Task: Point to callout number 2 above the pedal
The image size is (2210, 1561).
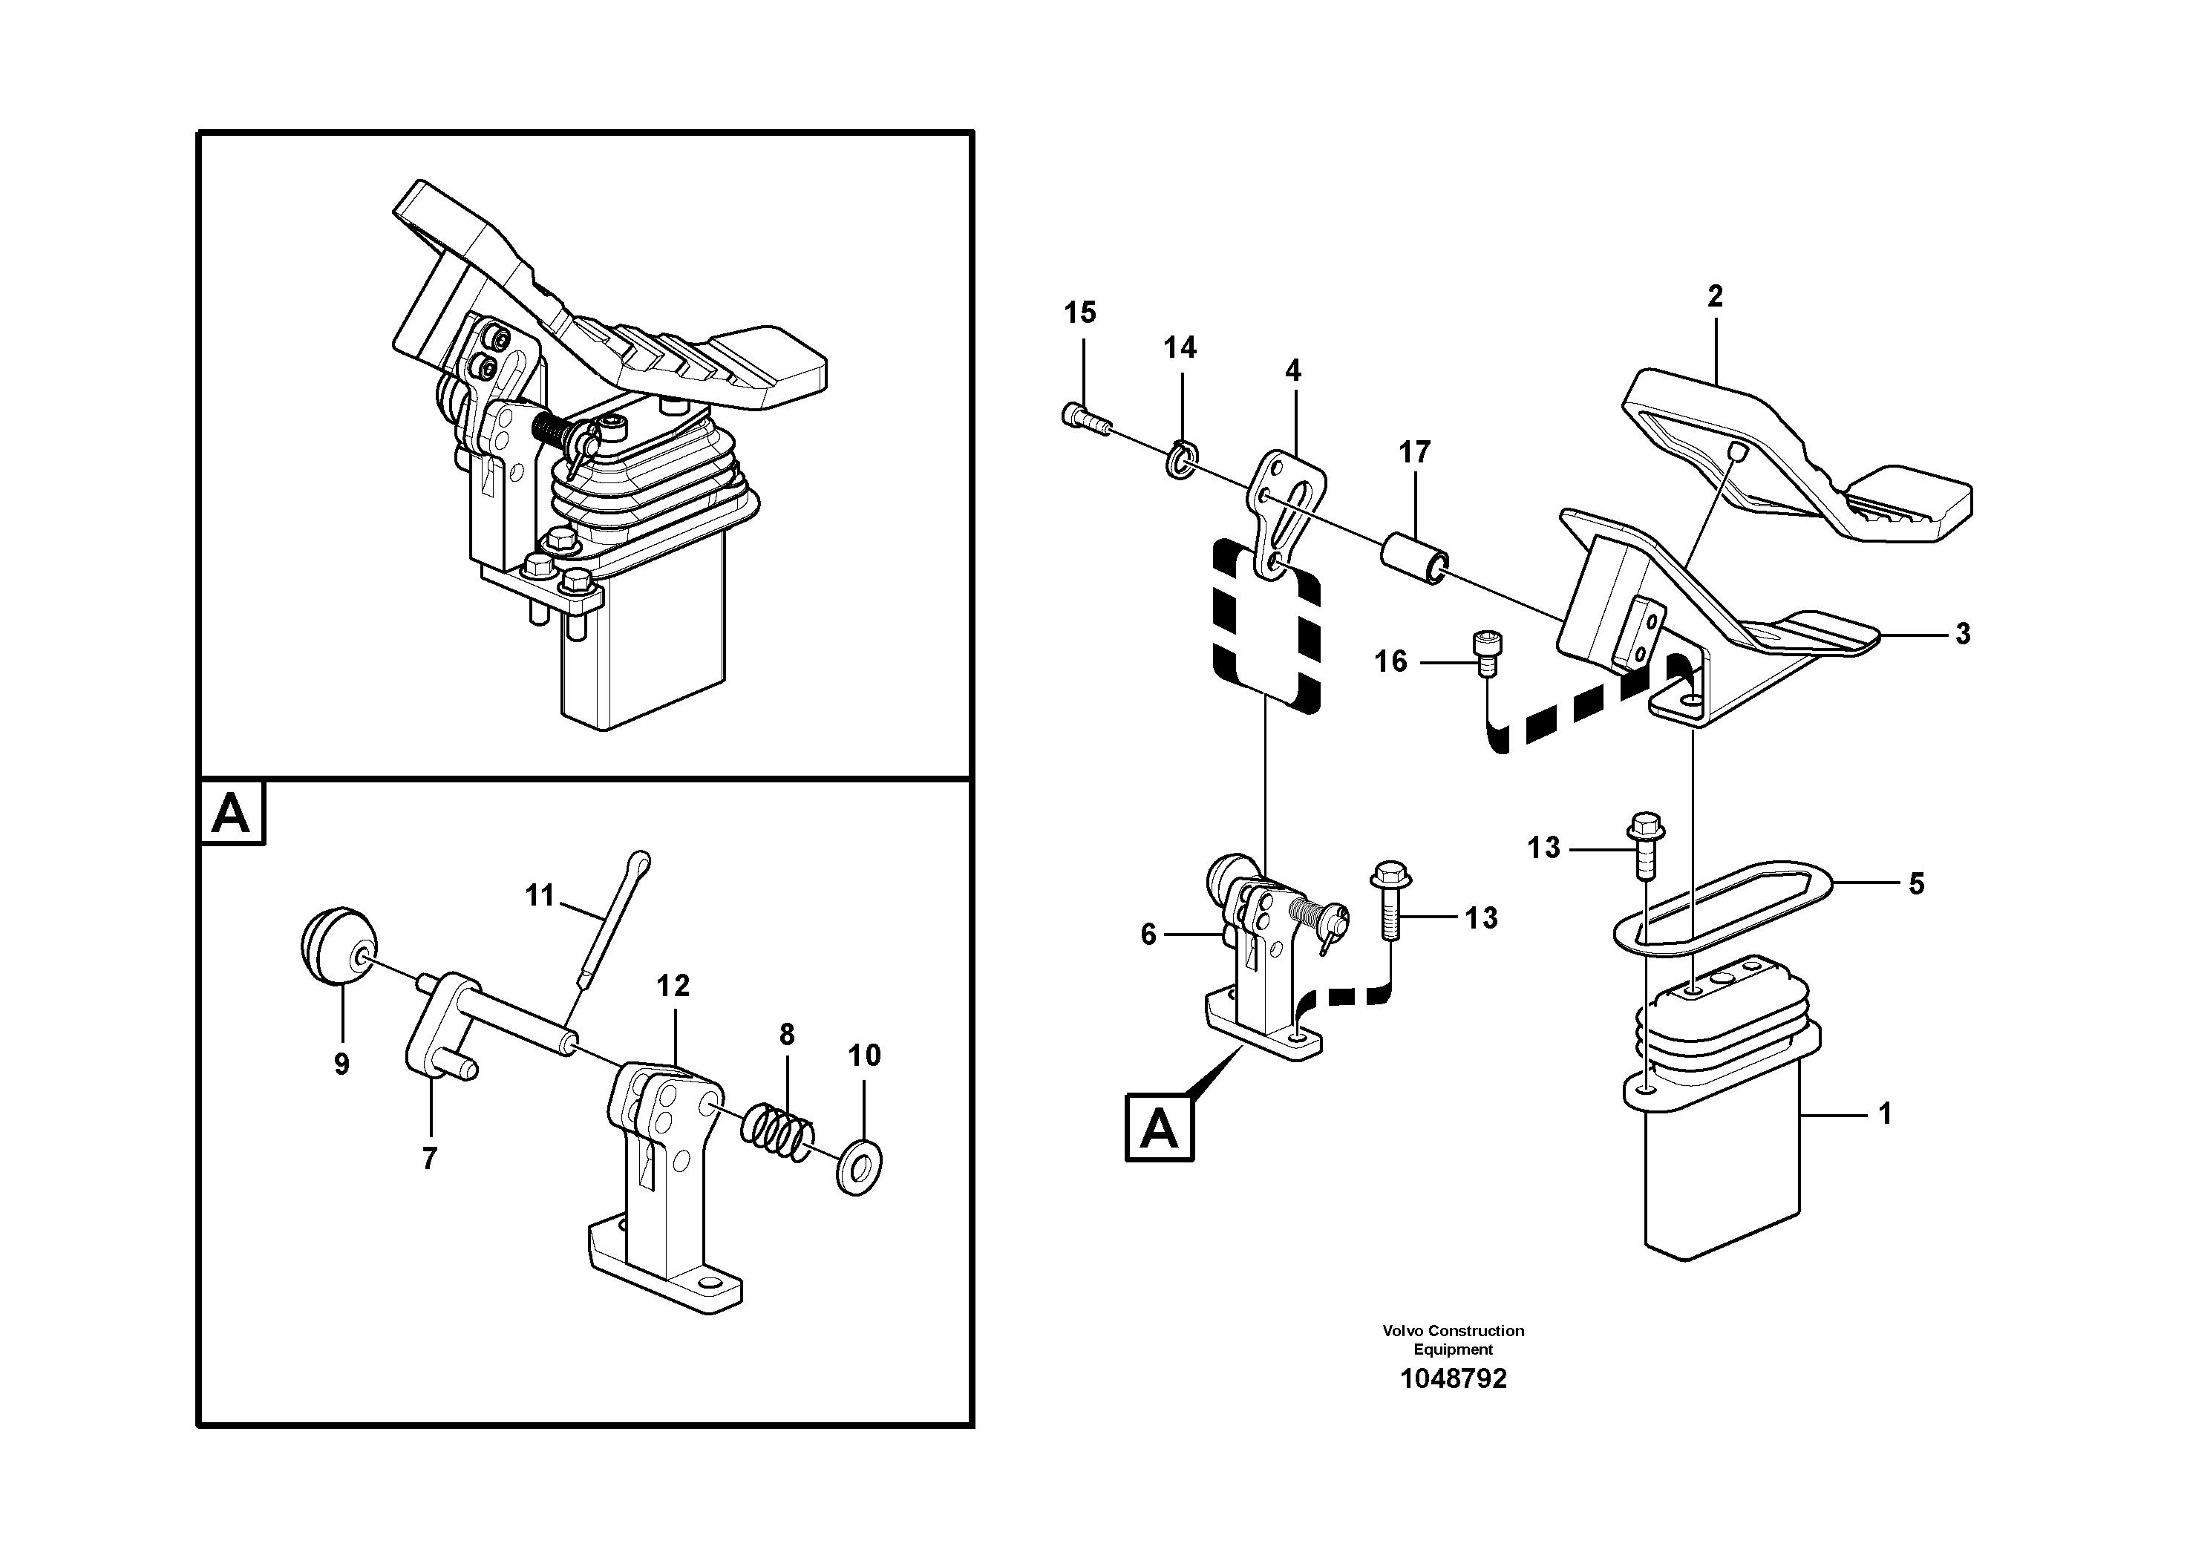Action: pyautogui.click(x=1714, y=296)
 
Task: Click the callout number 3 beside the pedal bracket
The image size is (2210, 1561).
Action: pyautogui.click(x=1963, y=634)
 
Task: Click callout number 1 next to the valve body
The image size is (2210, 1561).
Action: pyautogui.click(x=1885, y=1113)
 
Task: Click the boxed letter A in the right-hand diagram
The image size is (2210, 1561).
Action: pyautogui.click(x=1159, y=1127)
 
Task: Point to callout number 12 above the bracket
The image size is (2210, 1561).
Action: pyautogui.click(x=673, y=986)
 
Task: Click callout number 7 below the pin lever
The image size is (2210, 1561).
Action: pyautogui.click(x=429, y=1158)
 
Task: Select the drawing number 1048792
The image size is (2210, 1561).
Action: pyautogui.click(x=1453, y=1379)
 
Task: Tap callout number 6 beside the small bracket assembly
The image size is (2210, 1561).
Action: pyautogui.click(x=1148, y=935)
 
